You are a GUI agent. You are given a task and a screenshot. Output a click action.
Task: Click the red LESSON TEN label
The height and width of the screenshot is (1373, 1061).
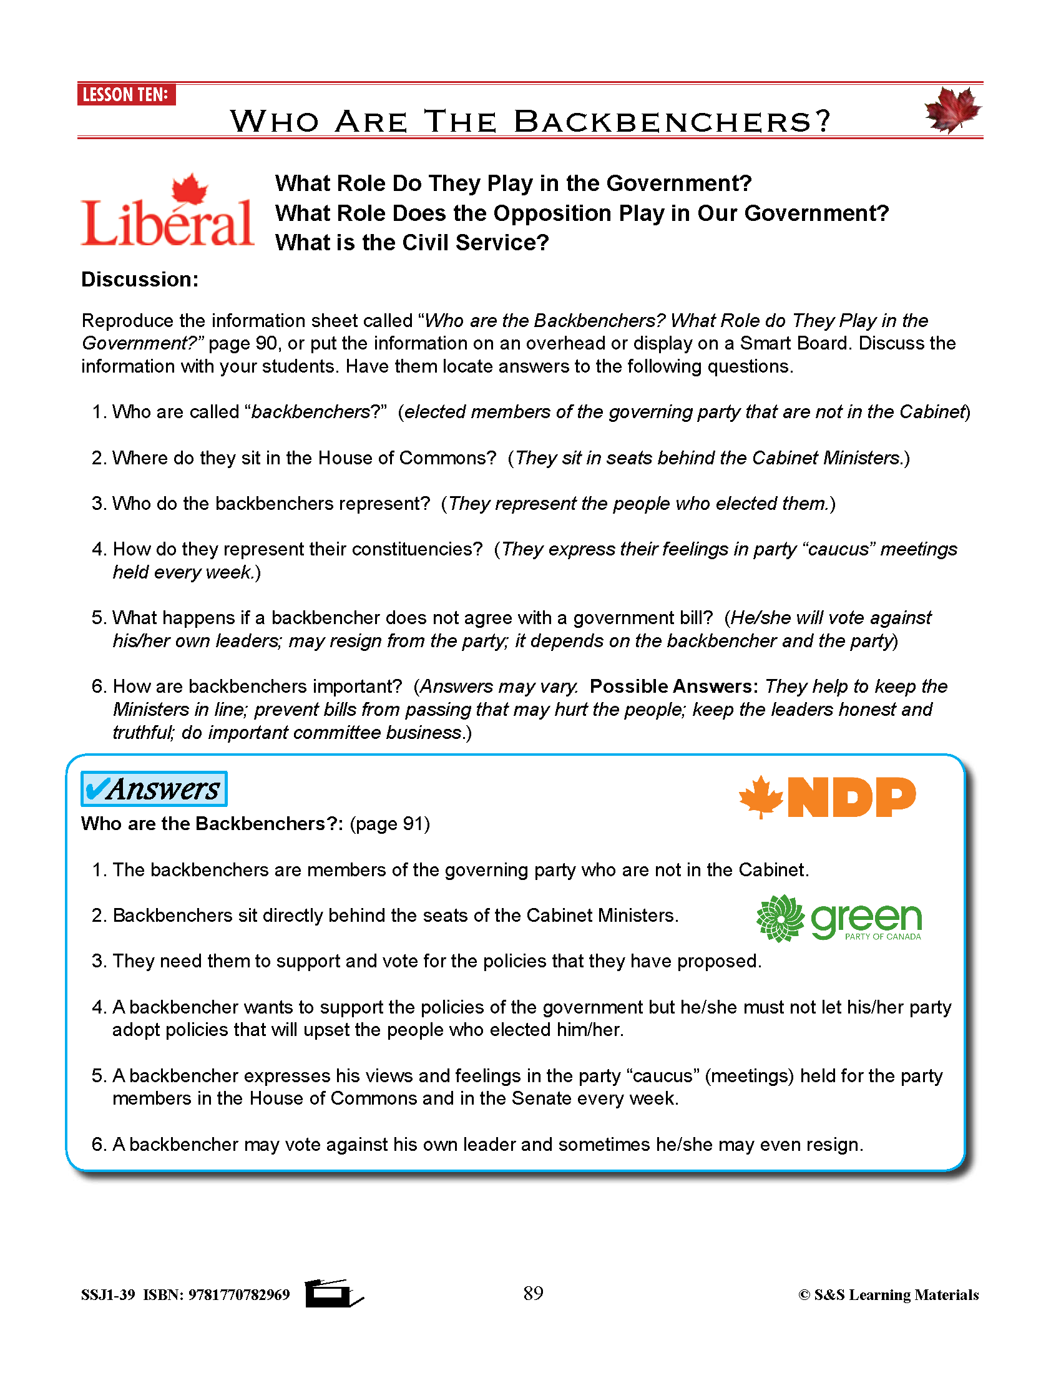point(125,95)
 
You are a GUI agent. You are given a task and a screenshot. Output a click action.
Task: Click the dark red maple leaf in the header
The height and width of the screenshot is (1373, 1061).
point(952,110)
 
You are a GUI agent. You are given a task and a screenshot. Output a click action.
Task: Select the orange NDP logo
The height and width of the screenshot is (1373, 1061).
point(827,797)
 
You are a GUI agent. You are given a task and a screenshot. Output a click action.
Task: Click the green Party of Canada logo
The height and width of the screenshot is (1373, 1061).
point(839,919)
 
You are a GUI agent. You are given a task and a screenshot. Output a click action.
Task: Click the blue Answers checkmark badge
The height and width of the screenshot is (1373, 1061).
point(154,789)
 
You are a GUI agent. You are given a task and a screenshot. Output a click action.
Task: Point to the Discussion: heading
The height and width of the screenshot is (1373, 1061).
point(140,280)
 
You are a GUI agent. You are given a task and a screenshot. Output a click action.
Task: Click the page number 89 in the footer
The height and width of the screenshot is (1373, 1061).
point(533,1293)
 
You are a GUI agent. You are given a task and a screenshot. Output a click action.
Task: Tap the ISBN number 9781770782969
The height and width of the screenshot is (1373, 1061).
point(239,1295)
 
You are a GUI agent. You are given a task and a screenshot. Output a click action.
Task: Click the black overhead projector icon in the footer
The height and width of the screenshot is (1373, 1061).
point(333,1293)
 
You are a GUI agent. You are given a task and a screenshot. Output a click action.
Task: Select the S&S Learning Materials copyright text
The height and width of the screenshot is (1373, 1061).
point(888,1295)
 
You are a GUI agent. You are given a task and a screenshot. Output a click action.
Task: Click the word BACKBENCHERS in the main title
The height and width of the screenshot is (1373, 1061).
point(671,122)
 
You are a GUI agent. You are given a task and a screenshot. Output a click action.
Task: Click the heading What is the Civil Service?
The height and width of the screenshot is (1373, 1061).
point(412,243)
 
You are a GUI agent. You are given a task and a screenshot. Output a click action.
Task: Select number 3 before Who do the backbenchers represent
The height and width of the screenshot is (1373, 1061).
point(97,504)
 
